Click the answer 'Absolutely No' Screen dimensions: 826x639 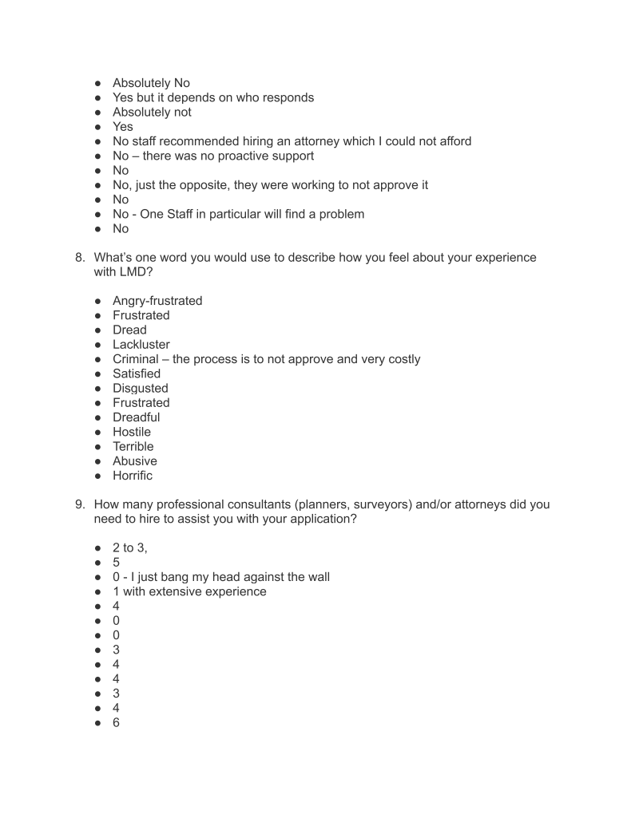click(151, 83)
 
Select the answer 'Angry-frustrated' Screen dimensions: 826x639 click(157, 301)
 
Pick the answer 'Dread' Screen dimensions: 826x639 click(129, 330)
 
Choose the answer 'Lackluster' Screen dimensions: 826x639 click(141, 345)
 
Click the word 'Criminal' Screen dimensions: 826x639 click(136, 359)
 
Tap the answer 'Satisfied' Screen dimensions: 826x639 click(137, 373)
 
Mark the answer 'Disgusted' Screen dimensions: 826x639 click(141, 389)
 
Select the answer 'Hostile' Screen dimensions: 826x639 click(132, 432)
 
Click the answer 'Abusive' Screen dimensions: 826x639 click(135, 461)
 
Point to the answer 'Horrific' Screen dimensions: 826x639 click(133, 476)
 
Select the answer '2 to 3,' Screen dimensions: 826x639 click(130, 548)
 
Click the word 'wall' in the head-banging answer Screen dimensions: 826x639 click(316, 577)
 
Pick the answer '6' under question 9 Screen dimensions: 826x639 click(117, 722)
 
